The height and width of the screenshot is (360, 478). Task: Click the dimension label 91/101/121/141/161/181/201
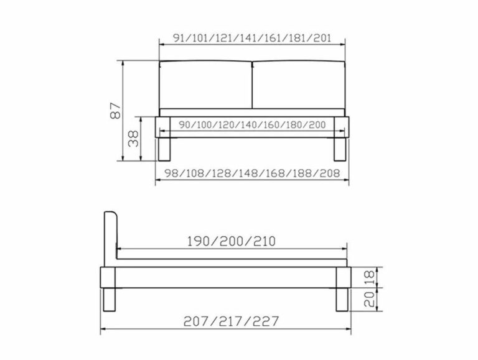click(251, 38)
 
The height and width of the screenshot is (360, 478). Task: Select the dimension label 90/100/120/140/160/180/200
click(252, 124)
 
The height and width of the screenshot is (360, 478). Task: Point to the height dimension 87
click(113, 111)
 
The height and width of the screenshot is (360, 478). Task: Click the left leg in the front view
click(165, 149)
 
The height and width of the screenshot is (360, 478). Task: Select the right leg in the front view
click(340, 149)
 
